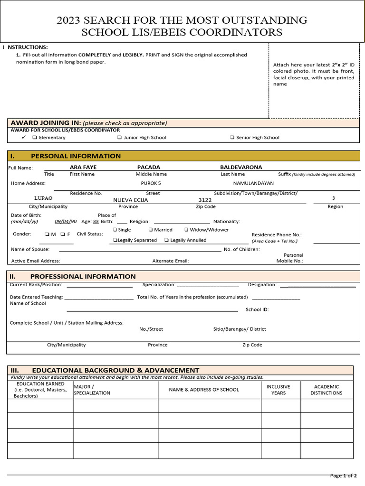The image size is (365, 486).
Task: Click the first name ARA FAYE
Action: (x=83, y=167)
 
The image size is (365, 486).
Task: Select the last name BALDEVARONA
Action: (x=241, y=167)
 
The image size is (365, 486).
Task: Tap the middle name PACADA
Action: (x=149, y=167)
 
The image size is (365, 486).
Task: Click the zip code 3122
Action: (x=205, y=200)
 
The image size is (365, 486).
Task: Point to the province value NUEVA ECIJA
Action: (x=130, y=200)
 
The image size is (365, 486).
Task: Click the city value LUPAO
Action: (x=43, y=198)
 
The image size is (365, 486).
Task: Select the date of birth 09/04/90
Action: (x=66, y=221)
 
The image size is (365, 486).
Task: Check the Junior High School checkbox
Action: (x=119, y=138)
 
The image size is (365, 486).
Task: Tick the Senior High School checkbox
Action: (x=232, y=138)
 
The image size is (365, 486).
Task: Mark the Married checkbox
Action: (x=151, y=230)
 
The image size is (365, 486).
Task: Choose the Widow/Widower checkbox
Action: (x=186, y=230)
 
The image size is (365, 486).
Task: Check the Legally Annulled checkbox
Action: (x=166, y=240)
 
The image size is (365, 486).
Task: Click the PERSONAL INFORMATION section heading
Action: (x=76, y=156)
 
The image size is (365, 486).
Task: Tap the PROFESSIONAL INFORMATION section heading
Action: (x=83, y=276)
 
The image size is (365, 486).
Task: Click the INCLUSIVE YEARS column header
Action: (x=278, y=390)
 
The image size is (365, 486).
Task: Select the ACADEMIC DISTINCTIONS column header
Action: (x=326, y=390)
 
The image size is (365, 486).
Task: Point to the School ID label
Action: (x=257, y=309)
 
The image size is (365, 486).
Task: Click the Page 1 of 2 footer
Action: (x=343, y=476)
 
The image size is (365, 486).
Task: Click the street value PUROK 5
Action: (x=151, y=183)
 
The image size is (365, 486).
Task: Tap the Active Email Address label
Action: (x=36, y=261)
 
